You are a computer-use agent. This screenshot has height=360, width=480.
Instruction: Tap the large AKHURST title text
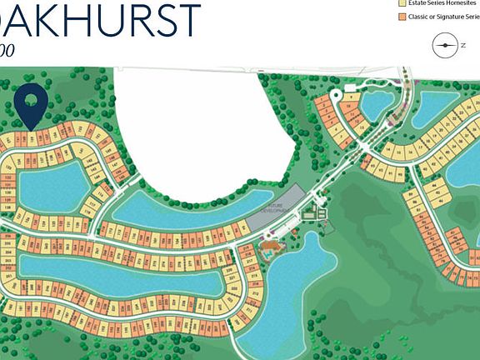pyautogui.click(x=104, y=20)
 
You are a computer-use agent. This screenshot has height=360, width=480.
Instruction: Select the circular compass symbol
pyautogui.click(x=445, y=45)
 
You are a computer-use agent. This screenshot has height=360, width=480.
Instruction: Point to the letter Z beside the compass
pyautogui.click(x=462, y=46)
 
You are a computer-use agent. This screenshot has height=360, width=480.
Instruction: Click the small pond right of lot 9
pyautogui.click(x=373, y=103)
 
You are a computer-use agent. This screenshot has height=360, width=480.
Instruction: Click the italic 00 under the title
pyautogui.click(x=7, y=50)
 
